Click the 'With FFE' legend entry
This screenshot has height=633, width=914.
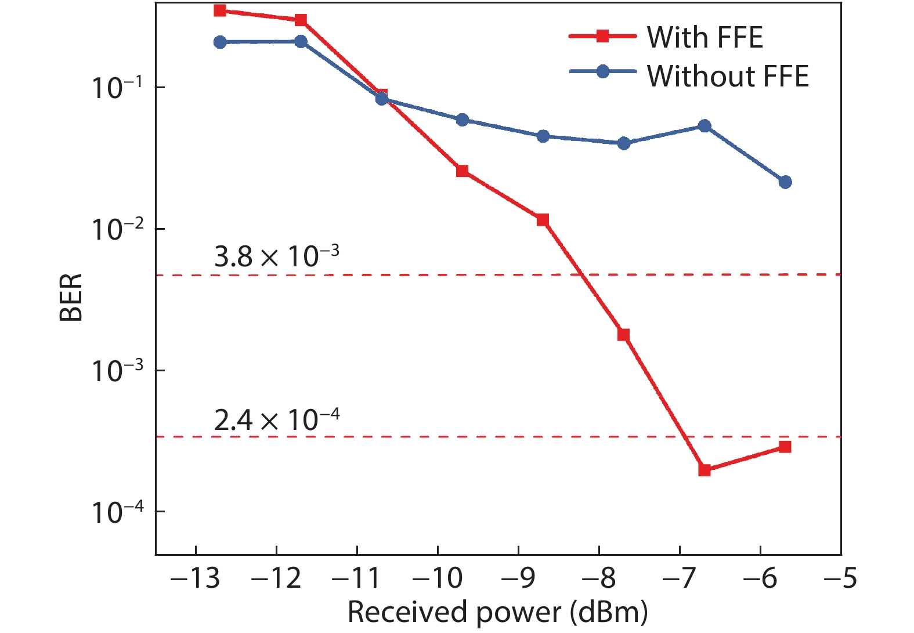(x=704, y=37)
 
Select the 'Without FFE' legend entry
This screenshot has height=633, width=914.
(x=727, y=76)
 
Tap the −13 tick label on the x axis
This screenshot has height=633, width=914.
(x=196, y=578)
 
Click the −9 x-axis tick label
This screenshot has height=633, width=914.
(x=519, y=578)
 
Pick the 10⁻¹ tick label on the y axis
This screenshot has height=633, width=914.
(x=117, y=88)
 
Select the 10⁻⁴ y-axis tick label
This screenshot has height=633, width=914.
(x=117, y=512)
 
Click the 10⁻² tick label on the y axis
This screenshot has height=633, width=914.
(x=117, y=230)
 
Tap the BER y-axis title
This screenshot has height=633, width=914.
(x=71, y=297)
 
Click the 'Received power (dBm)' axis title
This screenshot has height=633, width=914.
(x=497, y=613)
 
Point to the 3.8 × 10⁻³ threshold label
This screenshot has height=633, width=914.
(x=276, y=256)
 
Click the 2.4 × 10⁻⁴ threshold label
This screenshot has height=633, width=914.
(x=276, y=419)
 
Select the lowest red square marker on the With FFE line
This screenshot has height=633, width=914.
(x=705, y=470)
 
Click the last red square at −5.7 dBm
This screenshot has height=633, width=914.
(x=785, y=447)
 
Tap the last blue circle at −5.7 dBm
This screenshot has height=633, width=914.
(x=785, y=182)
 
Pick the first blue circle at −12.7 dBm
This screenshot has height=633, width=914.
(x=220, y=42)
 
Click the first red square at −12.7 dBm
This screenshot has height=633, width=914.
(x=220, y=10)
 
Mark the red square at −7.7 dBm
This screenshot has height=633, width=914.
(x=624, y=335)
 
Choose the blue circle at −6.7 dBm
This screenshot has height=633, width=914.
(x=705, y=126)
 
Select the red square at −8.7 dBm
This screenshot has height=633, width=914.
(x=543, y=220)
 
